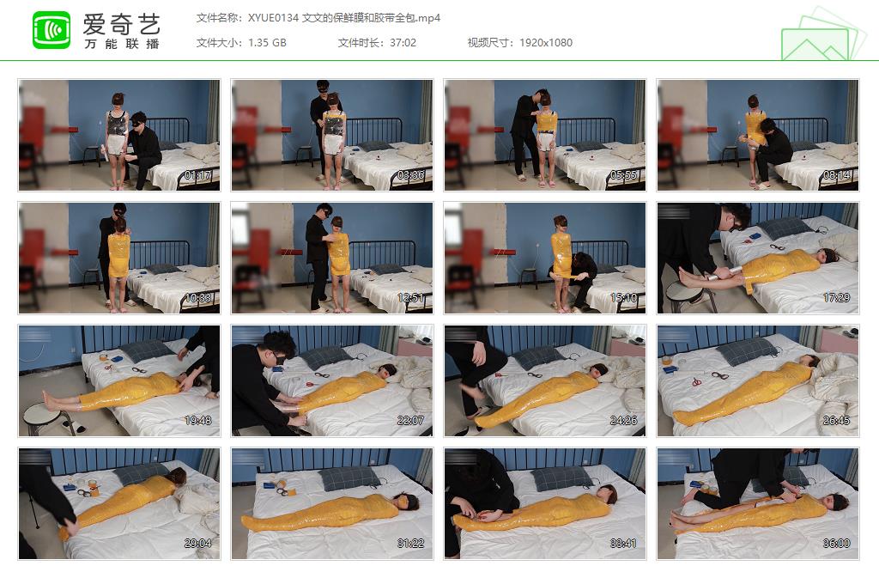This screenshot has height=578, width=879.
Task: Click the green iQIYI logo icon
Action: click(51, 31)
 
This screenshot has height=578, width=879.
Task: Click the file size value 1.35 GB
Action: click(267, 43)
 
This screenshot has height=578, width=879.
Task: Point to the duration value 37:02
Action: click(403, 43)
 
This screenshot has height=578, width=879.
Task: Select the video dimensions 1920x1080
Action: click(546, 43)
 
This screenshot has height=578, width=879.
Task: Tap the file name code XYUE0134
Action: click(273, 18)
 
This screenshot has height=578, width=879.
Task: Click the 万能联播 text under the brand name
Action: click(122, 44)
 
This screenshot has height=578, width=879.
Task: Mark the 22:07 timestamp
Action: click(411, 421)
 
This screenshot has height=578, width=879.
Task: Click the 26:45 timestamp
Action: click(837, 421)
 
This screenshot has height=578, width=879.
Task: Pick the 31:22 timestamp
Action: click(411, 543)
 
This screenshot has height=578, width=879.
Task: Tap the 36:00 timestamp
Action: click(837, 543)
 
